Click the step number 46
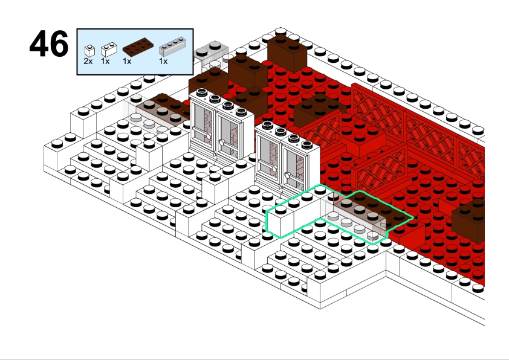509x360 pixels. (x=49, y=43)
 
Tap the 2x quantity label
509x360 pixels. (x=88, y=61)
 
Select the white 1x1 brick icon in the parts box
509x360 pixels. (x=89, y=51)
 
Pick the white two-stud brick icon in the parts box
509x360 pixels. (x=109, y=50)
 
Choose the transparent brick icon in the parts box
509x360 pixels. (x=172, y=47)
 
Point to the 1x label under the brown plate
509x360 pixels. (x=127, y=61)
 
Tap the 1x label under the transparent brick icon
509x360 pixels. (x=163, y=61)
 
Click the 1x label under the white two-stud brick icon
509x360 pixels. (x=105, y=61)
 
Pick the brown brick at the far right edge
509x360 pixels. (x=468, y=220)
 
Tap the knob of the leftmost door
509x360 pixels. (x=209, y=137)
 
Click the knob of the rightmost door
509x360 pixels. (x=288, y=175)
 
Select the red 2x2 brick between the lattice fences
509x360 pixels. (x=363, y=138)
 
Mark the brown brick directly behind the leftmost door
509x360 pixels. (x=208, y=82)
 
